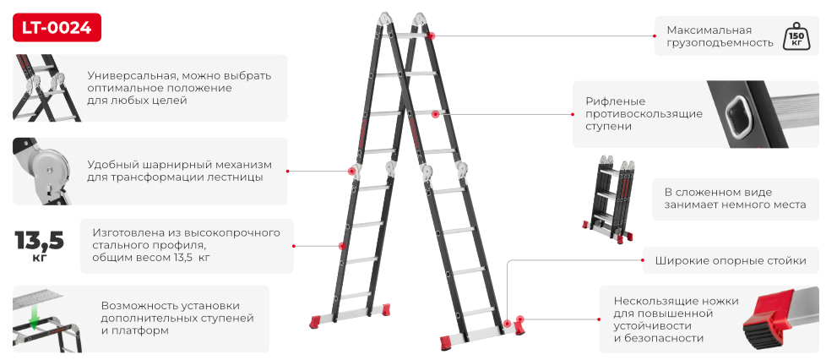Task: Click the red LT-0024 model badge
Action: pos(57,28)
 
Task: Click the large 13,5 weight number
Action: pos(39,241)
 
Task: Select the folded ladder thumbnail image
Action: pos(610,199)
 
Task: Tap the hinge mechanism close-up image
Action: pos(41,172)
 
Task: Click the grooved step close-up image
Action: pos(763,114)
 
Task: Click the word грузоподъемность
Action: pos(720,43)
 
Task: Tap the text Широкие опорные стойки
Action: pos(731,260)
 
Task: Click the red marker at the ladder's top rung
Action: pos(432,35)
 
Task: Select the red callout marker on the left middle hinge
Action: pos(351,171)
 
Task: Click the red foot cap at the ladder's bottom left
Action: pos(316,320)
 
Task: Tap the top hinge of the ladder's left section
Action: pos(386,20)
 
